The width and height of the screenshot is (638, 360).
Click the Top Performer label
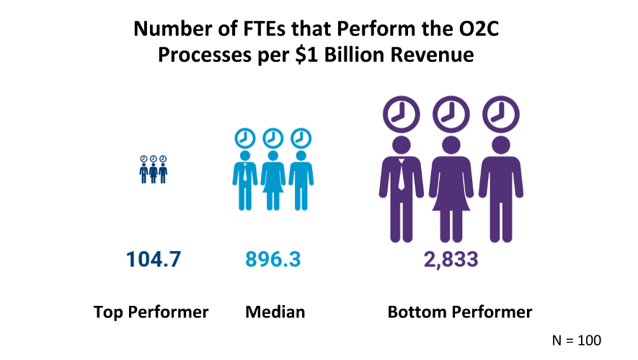[151, 312]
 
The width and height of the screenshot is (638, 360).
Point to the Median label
[275, 312]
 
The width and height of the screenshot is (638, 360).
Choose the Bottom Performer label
[460, 312]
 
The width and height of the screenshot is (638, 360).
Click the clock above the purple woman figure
[451, 113]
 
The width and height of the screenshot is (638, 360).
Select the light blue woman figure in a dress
[273, 180]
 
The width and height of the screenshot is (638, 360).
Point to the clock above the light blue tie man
[245, 138]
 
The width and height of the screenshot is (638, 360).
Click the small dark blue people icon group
[154, 170]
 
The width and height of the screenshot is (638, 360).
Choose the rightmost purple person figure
[500, 188]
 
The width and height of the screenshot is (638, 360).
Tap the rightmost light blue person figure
[300, 180]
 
